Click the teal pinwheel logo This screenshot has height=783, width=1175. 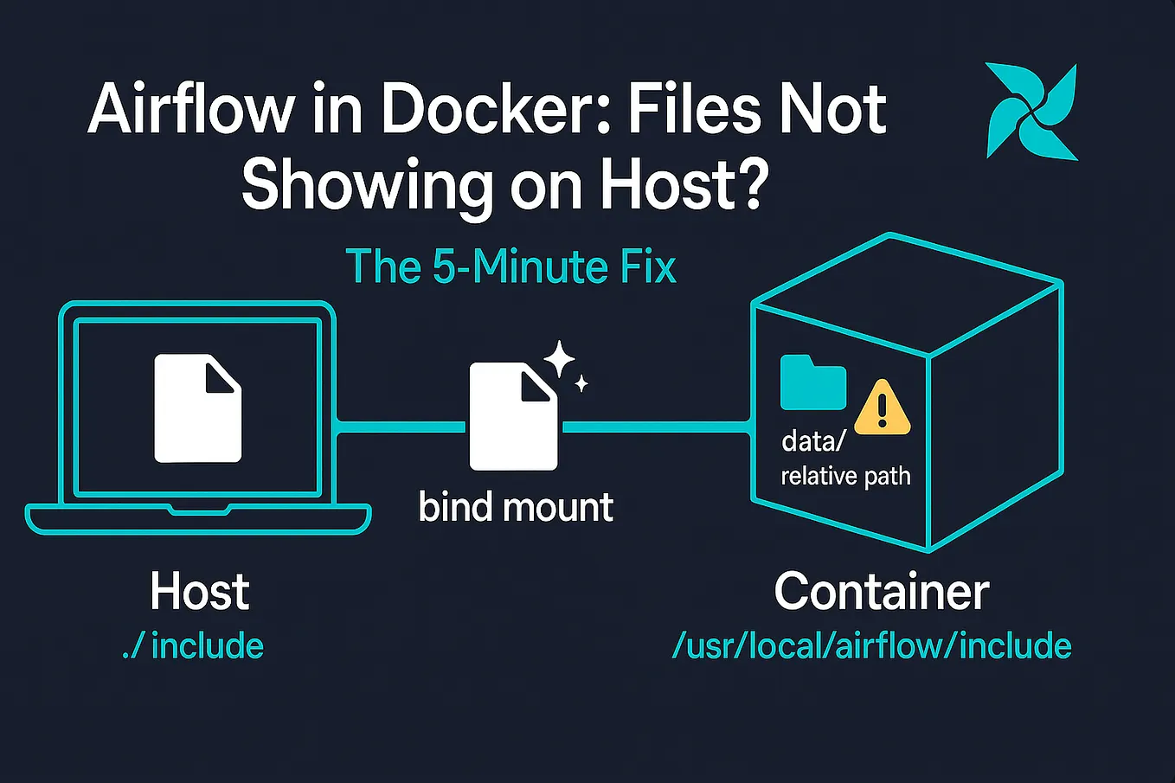(x=1031, y=111)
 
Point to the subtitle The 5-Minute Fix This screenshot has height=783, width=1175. (x=510, y=267)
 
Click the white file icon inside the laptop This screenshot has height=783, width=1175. (x=198, y=408)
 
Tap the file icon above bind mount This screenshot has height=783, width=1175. (x=514, y=416)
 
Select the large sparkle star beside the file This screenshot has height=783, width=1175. (x=559, y=359)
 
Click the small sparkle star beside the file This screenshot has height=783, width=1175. (x=581, y=384)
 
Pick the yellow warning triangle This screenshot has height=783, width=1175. (x=883, y=408)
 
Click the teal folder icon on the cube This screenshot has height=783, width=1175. (x=813, y=382)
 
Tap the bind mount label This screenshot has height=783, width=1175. (x=517, y=507)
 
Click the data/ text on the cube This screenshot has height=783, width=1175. (x=813, y=441)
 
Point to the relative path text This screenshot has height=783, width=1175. (x=845, y=476)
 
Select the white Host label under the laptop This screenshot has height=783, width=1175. (x=200, y=591)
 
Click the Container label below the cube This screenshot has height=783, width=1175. (x=882, y=592)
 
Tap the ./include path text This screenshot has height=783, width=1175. (x=192, y=645)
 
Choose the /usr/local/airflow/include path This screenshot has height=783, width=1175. (x=872, y=645)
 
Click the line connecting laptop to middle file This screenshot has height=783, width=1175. (x=401, y=427)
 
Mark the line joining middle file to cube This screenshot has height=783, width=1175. (x=656, y=427)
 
